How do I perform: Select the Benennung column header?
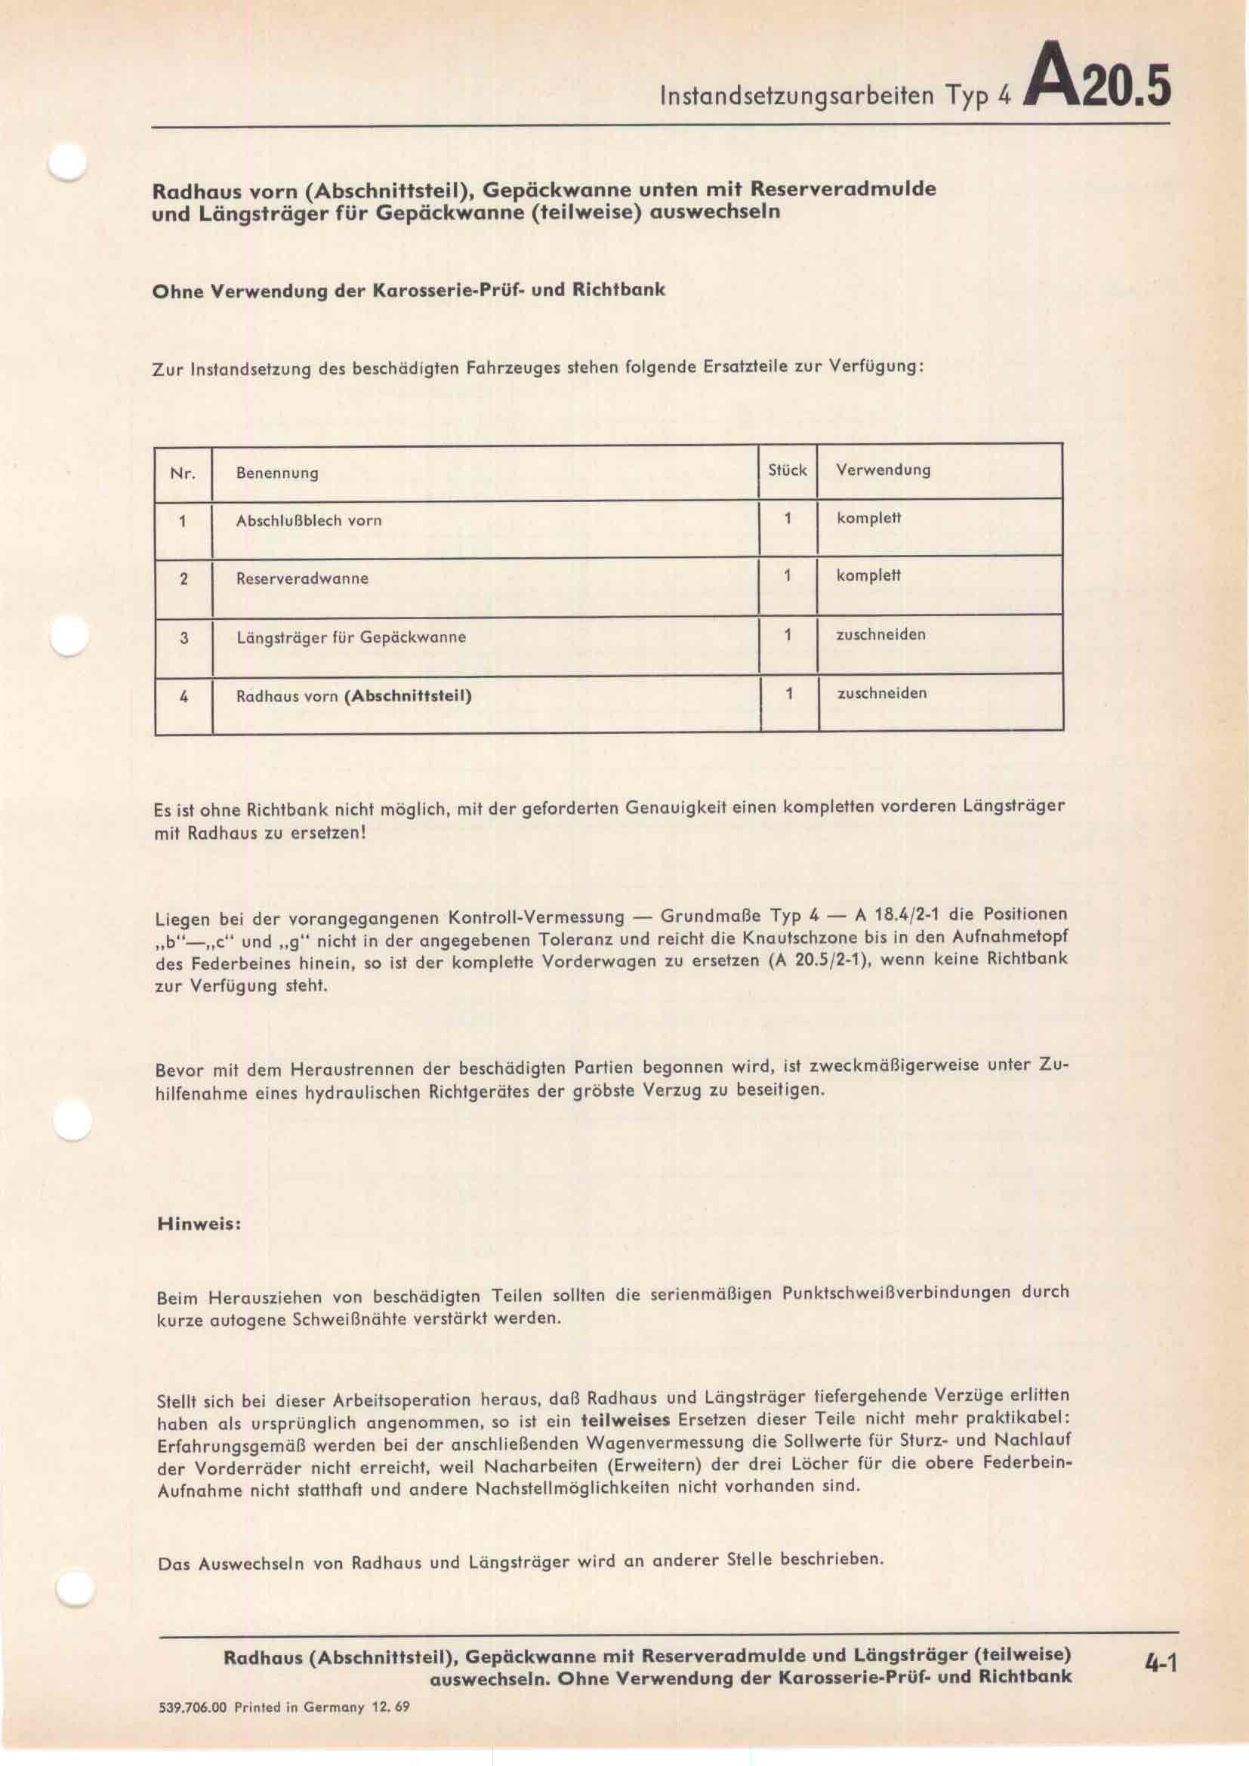(277, 473)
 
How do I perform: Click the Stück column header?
(787, 470)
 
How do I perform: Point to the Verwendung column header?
(883, 470)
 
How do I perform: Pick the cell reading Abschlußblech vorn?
(308, 521)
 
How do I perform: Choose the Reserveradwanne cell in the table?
(301, 578)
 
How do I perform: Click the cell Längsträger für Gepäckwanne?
(350, 638)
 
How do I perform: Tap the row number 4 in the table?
(183, 697)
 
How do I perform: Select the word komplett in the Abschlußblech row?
(868, 518)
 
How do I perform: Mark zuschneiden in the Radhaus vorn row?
(881, 693)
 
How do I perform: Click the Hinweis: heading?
(199, 1224)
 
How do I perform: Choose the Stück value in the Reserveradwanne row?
(787, 576)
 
